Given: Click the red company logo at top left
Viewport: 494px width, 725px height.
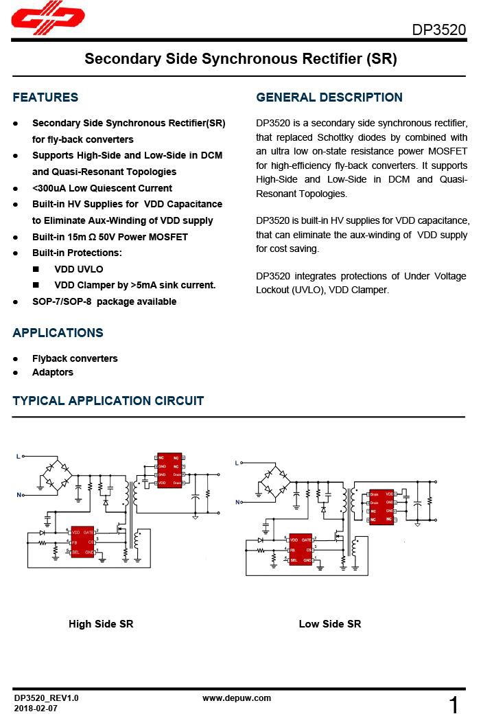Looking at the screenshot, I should (48, 20).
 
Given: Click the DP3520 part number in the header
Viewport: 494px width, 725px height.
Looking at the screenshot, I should (438, 31).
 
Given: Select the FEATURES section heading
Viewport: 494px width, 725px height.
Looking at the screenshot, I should (45, 97).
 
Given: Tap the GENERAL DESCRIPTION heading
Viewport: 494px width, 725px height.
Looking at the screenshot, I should (329, 97).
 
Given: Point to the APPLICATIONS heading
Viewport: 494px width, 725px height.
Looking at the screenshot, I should (58, 333).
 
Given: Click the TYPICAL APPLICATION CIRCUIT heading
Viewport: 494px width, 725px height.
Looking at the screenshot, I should (108, 401).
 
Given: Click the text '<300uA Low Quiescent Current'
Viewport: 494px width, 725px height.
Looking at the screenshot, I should (102, 188).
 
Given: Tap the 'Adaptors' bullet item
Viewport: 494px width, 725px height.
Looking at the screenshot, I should (53, 372).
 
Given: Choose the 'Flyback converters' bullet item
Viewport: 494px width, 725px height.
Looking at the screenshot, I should (75, 358).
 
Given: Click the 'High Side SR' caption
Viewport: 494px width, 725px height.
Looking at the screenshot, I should (101, 624).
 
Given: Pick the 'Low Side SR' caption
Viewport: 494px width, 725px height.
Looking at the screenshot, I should (330, 624).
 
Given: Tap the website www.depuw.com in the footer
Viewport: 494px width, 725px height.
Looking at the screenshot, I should (237, 698).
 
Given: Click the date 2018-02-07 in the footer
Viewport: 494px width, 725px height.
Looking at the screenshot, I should (36, 708).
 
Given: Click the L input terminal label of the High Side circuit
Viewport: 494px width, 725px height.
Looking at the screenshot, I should (19, 455).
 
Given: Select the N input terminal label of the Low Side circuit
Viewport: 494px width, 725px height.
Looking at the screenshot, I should (237, 503).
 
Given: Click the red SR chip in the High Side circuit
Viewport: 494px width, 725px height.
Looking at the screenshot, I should (169, 470).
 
